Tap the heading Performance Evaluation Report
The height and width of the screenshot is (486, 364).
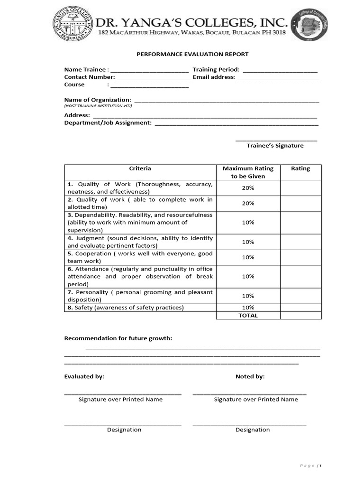[192, 55]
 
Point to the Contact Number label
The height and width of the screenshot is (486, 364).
[90, 77]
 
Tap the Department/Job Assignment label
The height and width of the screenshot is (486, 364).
[108, 123]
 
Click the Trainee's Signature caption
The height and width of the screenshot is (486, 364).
[275, 146]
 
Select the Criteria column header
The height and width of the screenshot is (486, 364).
[140, 168]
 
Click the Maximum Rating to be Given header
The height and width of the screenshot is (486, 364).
[248, 172]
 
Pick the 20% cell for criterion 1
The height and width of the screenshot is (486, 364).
[248, 188]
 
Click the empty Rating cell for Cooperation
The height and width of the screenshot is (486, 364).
[300, 257]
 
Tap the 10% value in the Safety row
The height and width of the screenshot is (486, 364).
[248, 308]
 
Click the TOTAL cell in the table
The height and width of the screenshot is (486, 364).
[248, 316]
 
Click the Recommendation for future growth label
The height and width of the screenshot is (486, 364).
[118, 338]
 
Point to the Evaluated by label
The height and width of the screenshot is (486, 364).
[84, 377]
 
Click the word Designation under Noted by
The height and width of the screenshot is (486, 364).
[253, 430]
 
